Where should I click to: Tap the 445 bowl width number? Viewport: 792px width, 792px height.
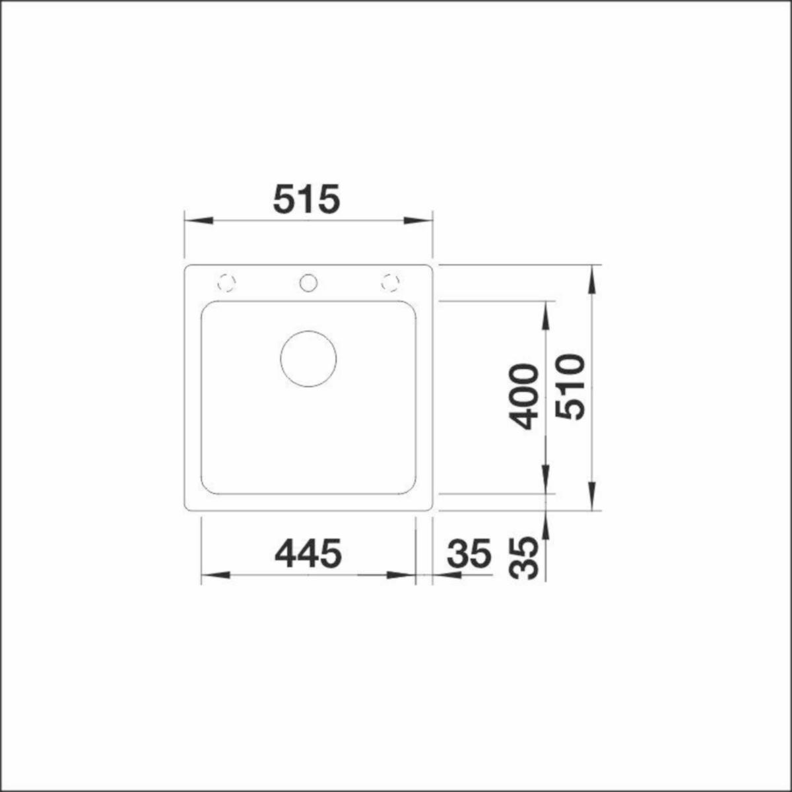tap(308, 553)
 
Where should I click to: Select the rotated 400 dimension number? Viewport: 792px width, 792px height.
tap(523, 396)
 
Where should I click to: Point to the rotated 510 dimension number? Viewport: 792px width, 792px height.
tap(569, 387)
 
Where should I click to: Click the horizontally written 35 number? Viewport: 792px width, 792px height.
tap(469, 553)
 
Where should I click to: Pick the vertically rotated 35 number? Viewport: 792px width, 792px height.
tap(523, 558)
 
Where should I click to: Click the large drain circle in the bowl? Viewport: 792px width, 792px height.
tap(308, 358)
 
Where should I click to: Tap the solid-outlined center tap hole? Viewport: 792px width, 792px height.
tap(308, 282)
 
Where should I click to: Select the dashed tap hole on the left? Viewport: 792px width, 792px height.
tap(226, 282)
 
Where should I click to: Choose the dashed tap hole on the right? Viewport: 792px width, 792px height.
tap(390, 282)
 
